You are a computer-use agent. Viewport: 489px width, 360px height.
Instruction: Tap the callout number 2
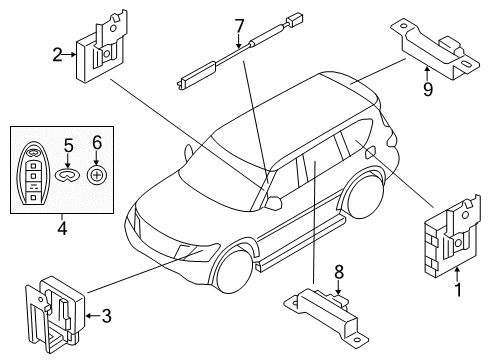coord(58,55)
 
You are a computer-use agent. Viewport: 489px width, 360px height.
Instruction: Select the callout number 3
coord(106,317)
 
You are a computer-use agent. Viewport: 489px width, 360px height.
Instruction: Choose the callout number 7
coord(238,24)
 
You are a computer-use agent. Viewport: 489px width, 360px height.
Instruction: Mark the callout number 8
coord(339,269)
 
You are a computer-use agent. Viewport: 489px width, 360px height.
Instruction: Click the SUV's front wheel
coord(231,273)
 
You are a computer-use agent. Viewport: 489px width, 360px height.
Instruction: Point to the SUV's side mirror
coord(271,201)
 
